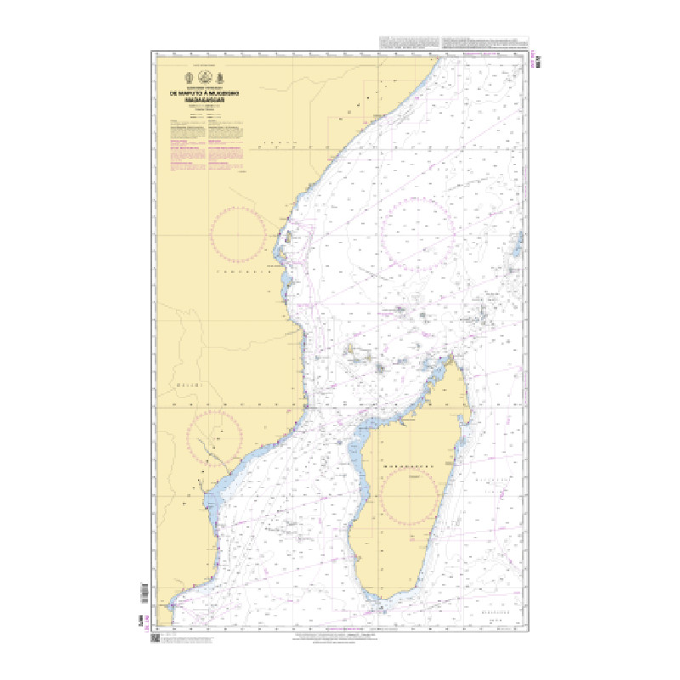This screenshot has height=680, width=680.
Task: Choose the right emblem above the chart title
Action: coord(218,81)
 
